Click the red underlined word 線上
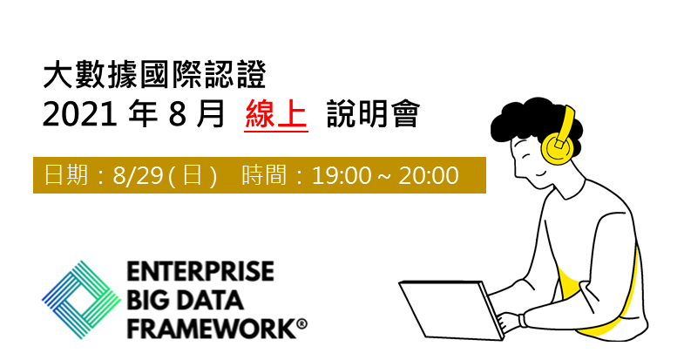(x=276, y=114)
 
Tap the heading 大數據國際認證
(x=155, y=76)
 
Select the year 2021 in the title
(x=79, y=115)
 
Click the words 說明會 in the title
(x=373, y=114)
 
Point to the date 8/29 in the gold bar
(x=138, y=175)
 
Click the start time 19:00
(x=342, y=175)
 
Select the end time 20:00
(x=429, y=175)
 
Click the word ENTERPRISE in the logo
(x=200, y=271)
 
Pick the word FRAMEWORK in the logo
(x=211, y=328)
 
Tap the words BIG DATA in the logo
(x=185, y=300)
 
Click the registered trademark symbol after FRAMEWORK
(x=301, y=324)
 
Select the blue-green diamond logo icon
(x=82, y=300)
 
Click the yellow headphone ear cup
(x=556, y=147)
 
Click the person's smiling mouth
(x=540, y=173)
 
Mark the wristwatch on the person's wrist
(x=522, y=321)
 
